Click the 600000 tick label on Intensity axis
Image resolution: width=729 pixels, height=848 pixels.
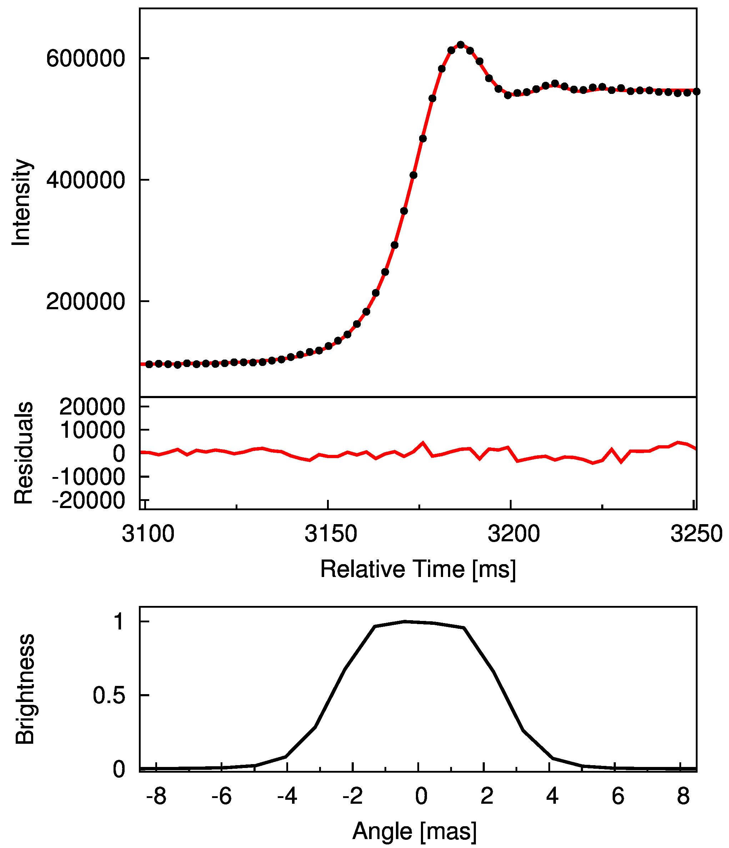click(x=85, y=59)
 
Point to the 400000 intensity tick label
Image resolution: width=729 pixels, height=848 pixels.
click(x=85, y=180)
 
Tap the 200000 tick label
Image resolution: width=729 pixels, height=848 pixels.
click(x=85, y=302)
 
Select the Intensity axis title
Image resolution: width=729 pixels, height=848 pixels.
click(x=21, y=202)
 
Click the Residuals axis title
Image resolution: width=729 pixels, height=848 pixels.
click(x=23, y=453)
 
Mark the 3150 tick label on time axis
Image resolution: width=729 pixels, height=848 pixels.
click(x=331, y=534)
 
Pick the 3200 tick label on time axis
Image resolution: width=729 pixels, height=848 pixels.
click(x=513, y=534)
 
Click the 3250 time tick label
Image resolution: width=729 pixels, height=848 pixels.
click(x=696, y=534)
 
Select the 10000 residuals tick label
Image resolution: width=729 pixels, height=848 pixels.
click(x=92, y=430)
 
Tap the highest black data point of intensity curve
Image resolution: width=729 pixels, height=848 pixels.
click(x=461, y=45)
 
